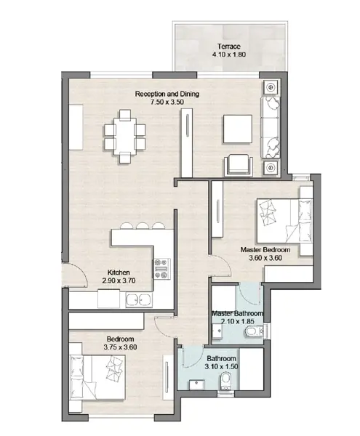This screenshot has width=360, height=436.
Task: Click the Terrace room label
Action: pyautogui.click(x=228, y=47)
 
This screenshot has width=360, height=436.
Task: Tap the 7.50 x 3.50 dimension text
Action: pyautogui.click(x=167, y=102)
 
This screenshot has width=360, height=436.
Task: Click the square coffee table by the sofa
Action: pyautogui.click(x=237, y=129)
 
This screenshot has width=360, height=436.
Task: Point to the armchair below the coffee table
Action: pyautogui.click(x=239, y=166)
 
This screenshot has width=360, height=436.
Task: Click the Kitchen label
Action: pyautogui.click(x=119, y=272)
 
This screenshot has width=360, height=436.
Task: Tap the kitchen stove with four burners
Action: pyautogui.click(x=161, y=269)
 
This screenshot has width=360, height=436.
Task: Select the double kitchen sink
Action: pyautogui.click(x=139, y=300)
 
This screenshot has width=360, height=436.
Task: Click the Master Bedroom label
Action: pyautogui.click(x=265, y=250)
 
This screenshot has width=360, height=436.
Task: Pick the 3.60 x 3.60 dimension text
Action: pyautogui.click(x=265, y=258)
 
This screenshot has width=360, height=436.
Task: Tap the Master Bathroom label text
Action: pyautogui.click(x=237, y=314)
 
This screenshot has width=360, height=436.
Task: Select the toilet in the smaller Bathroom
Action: pyautogui.click(x=225, y=380)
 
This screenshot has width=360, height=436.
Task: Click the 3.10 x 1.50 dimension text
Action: pyautogui.click(x=221, y=367)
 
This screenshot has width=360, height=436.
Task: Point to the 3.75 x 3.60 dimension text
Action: pyautogui.click(x=120, y=347)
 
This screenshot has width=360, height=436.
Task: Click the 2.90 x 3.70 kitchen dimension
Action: pyautogui.click(x=119, y=280)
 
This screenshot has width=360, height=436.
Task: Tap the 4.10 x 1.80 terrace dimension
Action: pyautogui.click(x=228, y=54)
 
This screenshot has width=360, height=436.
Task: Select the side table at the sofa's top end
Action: pyautogui.click(x=271, y=88)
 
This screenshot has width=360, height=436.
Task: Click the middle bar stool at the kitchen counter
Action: pyautogui.click(x=143, y=226)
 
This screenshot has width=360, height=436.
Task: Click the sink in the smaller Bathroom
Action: pyautogui.click(x=197, y=385)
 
